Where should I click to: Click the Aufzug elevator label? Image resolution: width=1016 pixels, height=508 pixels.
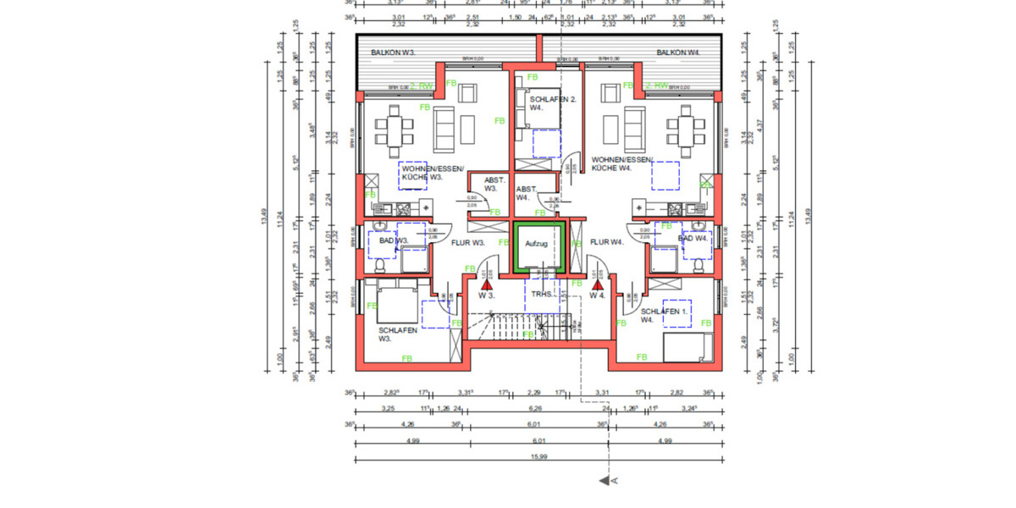click(x=537, y=244)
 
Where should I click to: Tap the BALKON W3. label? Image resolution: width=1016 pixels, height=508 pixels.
click(x=394, y=52)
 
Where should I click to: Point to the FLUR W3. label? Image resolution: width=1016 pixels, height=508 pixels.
click(x=467, y=242)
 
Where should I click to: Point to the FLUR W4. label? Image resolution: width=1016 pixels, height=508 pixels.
click(x=606, y=242)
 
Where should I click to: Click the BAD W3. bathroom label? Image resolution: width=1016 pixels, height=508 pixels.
click(x=394, y=241)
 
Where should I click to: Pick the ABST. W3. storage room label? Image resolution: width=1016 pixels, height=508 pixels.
click(x=494, y=185)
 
